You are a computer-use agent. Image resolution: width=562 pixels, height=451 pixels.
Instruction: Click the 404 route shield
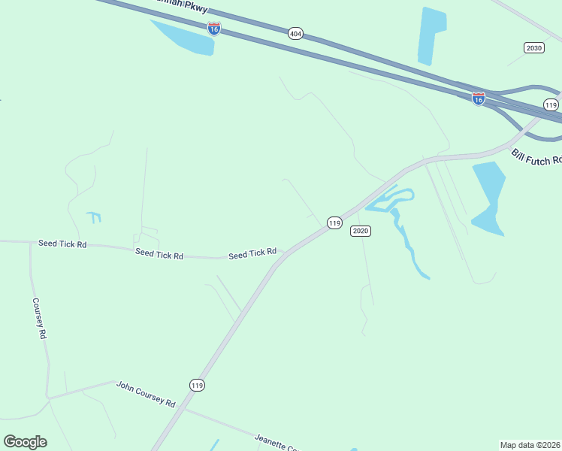click(x=295, y=33)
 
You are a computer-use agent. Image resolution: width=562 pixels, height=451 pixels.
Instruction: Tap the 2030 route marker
click(x=533, y=47)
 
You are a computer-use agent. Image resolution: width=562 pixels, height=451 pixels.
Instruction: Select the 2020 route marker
click(x=360, y=231)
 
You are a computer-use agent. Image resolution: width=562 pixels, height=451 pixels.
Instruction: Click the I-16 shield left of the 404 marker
click(x=214, y=28)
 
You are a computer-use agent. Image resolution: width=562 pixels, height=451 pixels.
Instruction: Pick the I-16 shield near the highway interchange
click(x=478, y=98)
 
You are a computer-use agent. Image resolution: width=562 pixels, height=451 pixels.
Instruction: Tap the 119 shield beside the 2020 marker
click(x=334, y=222)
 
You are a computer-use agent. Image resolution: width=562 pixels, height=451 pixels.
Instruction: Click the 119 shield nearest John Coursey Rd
click(x=197, y=385)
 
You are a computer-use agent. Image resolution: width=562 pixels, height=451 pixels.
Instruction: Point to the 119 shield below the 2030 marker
click(x=551, y=104)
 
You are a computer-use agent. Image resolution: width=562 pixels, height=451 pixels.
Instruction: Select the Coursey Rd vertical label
click(x=39, y=318)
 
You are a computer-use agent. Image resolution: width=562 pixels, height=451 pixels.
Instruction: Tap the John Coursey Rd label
click(x=145, y=394)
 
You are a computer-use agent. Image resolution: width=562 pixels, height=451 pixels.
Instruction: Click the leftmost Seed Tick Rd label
click(x=62, y=244)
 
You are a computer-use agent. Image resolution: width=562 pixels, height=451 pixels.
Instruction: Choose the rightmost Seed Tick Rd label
click(x=252, y=254)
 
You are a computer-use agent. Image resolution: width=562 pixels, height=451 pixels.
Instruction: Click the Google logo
click(x=25, y=442)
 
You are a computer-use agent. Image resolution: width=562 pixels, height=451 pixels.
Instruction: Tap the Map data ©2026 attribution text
click(x=530, y=445)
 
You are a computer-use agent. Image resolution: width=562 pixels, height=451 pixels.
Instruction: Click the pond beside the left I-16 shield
click(x=188, y=39)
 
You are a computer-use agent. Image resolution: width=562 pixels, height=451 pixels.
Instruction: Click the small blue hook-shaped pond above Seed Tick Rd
click(x=94, y=217)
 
